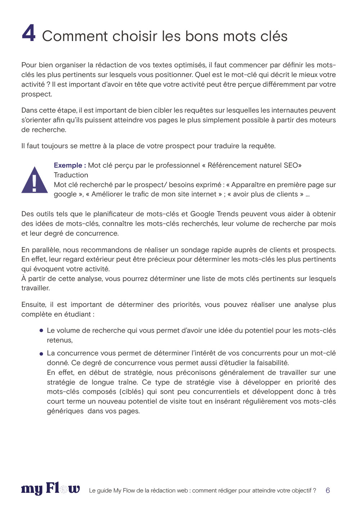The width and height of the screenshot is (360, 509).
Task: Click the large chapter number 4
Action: click(29, 33)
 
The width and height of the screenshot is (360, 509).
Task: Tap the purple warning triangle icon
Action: click(35, 180)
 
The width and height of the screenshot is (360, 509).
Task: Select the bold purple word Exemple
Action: click(68, 165)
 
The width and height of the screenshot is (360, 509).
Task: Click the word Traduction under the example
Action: click(71, 175)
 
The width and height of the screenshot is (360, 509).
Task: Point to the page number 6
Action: click(328, 490)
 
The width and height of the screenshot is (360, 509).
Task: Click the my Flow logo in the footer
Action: click(50, 489)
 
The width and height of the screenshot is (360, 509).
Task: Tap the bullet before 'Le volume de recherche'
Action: click(41, 330)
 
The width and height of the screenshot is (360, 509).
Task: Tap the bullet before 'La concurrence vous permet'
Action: click(41, 354)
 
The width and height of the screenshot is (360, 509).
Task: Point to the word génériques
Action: click(65, 411)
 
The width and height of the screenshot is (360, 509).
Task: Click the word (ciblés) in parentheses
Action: click(131, 392)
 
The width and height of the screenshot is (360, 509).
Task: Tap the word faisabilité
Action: click(273, 363)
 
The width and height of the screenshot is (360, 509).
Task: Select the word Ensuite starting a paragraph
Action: click(34, 305)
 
